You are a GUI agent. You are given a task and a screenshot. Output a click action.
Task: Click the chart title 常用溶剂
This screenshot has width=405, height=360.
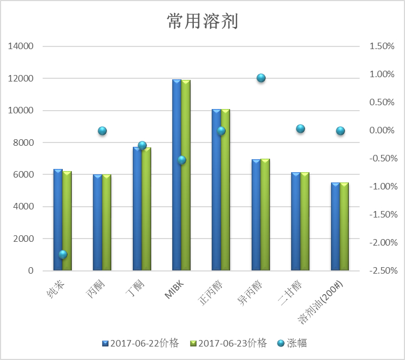coord(202,22)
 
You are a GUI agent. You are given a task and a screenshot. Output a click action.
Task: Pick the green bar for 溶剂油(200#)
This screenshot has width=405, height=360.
coord(344,227)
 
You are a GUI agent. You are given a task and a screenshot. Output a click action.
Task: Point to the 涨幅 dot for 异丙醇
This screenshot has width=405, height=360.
coord(261,78)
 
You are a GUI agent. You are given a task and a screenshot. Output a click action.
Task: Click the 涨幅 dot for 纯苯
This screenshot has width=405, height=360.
coord(63,254)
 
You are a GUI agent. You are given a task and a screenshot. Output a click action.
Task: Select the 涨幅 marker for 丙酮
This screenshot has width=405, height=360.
coord(102,131)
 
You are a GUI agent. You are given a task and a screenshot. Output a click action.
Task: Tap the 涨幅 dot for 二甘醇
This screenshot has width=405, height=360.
coord(300,128)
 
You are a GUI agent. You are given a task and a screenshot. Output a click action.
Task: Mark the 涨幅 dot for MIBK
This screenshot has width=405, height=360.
coord(181,160)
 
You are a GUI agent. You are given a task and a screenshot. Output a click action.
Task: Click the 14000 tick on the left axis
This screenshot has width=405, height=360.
coord(21,46)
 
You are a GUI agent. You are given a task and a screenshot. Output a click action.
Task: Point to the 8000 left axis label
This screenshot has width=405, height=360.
coord(23,142)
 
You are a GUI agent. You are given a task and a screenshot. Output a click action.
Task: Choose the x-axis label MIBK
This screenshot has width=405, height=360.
coord(176,291)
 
